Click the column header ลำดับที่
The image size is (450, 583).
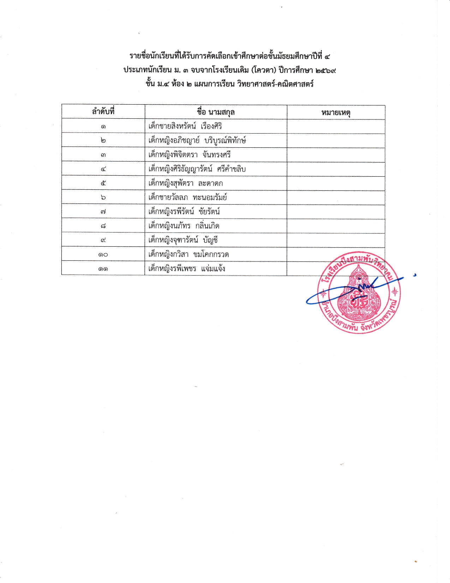(103, 112)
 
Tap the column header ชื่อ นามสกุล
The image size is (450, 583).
(216, 112)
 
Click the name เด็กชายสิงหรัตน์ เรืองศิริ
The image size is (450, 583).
(185, 126)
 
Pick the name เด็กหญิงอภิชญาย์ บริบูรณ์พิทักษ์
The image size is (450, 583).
(197, 140)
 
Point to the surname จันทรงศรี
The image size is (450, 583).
(216, 155)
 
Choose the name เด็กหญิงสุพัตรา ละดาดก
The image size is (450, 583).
(185, 183)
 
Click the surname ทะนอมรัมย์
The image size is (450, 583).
(210, 198)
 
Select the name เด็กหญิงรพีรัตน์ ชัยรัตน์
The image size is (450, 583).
(184, 212)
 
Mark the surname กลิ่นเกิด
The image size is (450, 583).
(207, 226)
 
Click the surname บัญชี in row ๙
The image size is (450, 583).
(210, 240)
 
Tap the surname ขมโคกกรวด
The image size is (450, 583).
(211, 254)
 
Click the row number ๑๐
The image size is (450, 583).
(103, 254)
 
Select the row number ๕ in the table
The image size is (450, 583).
(103, 183)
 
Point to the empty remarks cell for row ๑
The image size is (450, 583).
(336, 126)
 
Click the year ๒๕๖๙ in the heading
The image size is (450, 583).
(325, 70)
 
